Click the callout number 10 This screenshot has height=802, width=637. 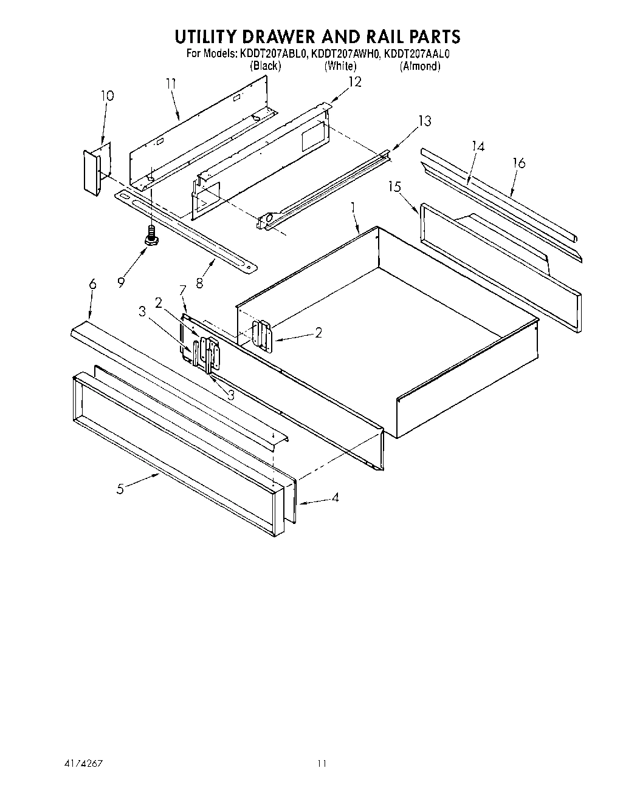click(107, 95)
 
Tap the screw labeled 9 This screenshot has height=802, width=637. click(151, 236)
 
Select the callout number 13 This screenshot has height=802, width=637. click(424, 121)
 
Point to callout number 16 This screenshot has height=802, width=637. click(518, 163)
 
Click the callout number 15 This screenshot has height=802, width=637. click(395, 186)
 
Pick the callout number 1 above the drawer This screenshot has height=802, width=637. click(353, 208)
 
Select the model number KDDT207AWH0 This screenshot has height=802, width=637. click(345, 53)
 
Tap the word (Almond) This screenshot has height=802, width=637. click(419, 66)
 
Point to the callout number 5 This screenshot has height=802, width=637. click(120, 488)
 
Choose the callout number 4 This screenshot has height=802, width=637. click(334, 498)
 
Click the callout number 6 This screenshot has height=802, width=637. click(92, 284)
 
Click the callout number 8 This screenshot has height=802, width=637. click(199, 282)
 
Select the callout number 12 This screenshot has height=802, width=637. click(354, 81)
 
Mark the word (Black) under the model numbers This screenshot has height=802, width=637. click(266, 66)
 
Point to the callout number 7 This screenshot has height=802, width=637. click(181, 290)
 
